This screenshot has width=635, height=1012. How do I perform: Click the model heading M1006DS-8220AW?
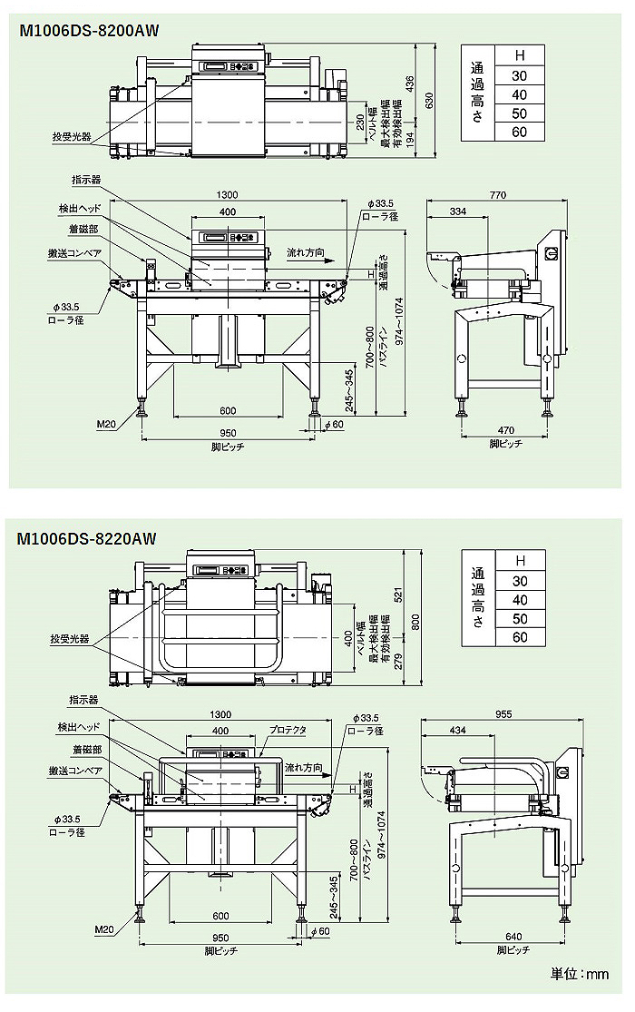87,538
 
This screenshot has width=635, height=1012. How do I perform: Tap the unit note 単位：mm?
581,974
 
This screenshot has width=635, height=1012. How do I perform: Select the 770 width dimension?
497,195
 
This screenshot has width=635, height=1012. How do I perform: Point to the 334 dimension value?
457,211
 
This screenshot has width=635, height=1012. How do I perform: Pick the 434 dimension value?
457,730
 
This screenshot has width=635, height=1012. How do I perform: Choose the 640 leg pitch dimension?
513,938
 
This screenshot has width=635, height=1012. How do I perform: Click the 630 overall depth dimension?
431,97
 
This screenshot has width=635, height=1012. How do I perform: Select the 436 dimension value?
409,84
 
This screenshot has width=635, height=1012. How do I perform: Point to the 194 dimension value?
409,138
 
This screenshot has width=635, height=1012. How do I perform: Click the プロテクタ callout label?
288,730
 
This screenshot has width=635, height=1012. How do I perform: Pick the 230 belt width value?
360,122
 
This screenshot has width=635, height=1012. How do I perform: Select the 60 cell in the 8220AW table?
520,637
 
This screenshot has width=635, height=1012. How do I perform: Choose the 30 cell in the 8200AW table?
520,75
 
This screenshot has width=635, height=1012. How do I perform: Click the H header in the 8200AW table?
520,55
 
